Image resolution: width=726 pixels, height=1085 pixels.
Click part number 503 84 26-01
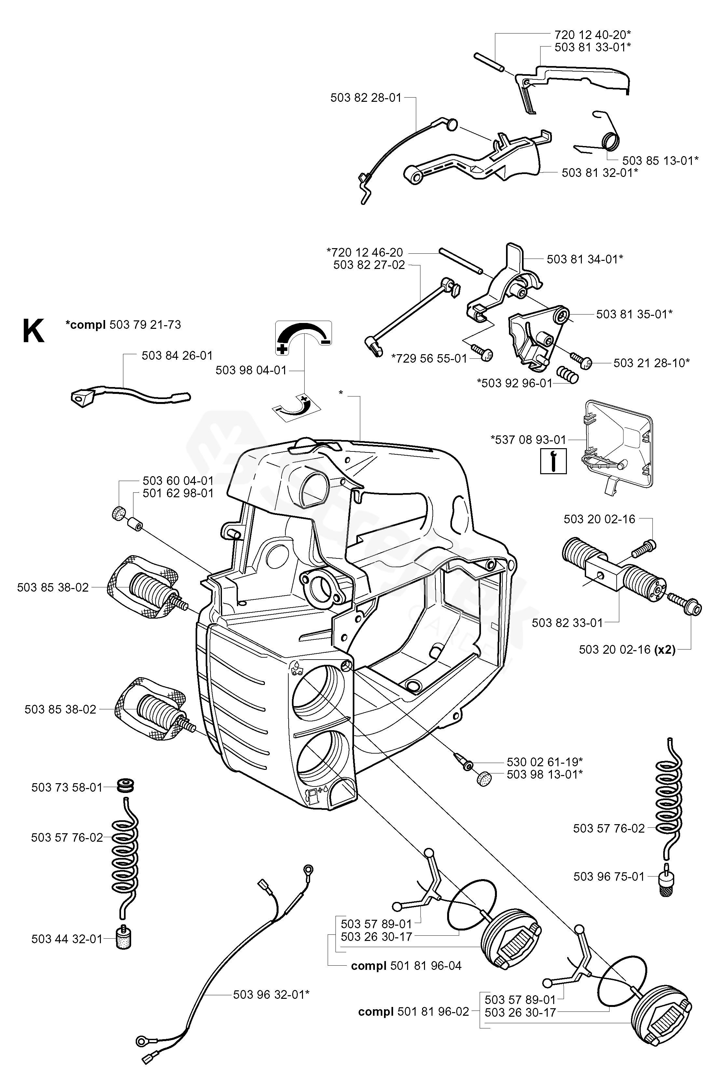[177, 355]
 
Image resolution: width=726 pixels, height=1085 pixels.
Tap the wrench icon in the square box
[553, 461]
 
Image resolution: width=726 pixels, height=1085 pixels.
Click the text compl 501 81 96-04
[406, 966]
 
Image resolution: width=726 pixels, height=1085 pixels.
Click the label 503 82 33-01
[568, 623]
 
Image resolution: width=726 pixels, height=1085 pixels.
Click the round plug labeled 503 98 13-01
[483, 779]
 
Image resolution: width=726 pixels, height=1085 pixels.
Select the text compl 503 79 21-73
[123, 325]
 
